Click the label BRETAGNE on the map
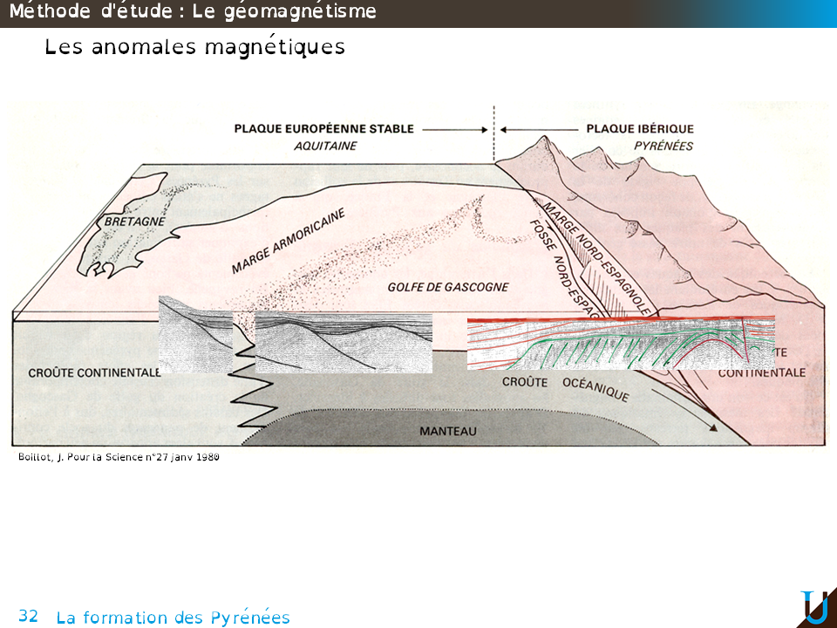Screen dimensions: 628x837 (x=134, y=222)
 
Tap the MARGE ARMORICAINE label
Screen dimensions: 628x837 (x=289, y=241)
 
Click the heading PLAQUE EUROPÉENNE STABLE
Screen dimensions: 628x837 (x=323, y=128)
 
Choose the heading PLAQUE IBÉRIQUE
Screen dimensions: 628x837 (x=640, y=128)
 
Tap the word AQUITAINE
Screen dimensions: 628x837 (x=325, y=146)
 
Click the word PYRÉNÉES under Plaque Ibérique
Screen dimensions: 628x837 (x=663, y=146)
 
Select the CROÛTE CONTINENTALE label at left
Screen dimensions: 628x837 (x=94, y=372)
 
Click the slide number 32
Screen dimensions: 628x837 (x=28, y=616)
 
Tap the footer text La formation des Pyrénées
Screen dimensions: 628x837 (x=173, y=618)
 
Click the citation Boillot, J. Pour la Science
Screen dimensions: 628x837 (x=119, y=456)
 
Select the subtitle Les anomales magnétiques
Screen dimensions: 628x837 (x=194, y=47)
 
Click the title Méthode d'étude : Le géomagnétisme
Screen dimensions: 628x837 (x=193, y=11)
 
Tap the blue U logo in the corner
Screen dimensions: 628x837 (x=814, y=607)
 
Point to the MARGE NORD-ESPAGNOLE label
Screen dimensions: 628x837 (x=598, y=257)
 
